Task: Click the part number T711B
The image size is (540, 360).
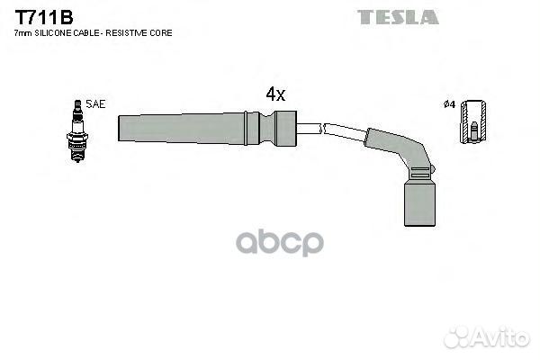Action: pyautogui.click(x=44, y=17)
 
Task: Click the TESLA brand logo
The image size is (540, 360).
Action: pyautogui.click(x=398, y=17)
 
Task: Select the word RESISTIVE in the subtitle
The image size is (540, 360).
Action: pyautogui.click(x=127, y=33)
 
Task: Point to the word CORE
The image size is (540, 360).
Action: pyautogui.click(x=161, y=33)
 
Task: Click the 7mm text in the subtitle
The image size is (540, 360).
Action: pyautogui.click(x=23, y=33)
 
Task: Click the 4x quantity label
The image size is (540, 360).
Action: pyautogui.click(x=275, y=94)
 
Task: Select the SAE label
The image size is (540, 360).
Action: pyautogui.click(x=95, y=104)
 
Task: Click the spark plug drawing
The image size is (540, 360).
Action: pyautogui.click(x=77, y=130)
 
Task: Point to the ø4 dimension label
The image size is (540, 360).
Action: pyautogui.click(x=449, y=104)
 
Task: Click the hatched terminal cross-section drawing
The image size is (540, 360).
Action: pyautogui.click(x=474, y=121)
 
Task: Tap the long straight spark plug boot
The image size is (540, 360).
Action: pyautogui.click(x=207, y=128)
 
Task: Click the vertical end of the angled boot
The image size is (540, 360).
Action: pyautogui.click(x=419, y=203)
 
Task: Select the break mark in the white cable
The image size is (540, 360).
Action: pyautogui.click(x=323, y=129)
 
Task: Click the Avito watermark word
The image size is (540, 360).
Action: pyautogui.click(x=501, y=337)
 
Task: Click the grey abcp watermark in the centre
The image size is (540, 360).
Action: pyautogui.click(x=280, y=243)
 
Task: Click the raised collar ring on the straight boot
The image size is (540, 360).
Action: pyautogui.click(x=246, y=128)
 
